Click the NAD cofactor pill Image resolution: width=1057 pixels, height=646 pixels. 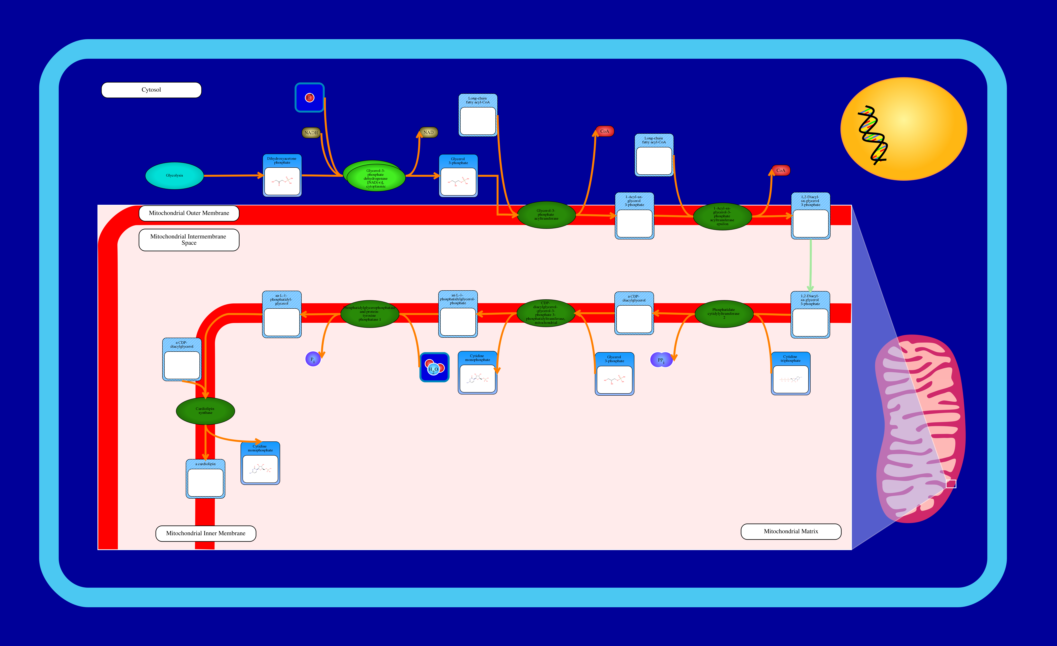point(428,133)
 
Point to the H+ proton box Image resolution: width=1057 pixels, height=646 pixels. point(309,97)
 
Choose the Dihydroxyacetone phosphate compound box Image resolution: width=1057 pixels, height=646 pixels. point(282,175)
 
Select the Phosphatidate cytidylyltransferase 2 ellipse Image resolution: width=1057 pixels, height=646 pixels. point(724,314)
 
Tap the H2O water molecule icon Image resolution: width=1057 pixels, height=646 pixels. point(434,367)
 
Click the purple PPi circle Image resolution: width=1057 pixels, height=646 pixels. point(661,360)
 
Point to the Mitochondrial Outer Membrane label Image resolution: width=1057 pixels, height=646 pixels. point(189,213)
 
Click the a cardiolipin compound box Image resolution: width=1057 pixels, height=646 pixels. point(206,479)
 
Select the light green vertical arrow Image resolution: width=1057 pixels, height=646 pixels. point(810,266)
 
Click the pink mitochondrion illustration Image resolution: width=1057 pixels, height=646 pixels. point(920,429)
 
